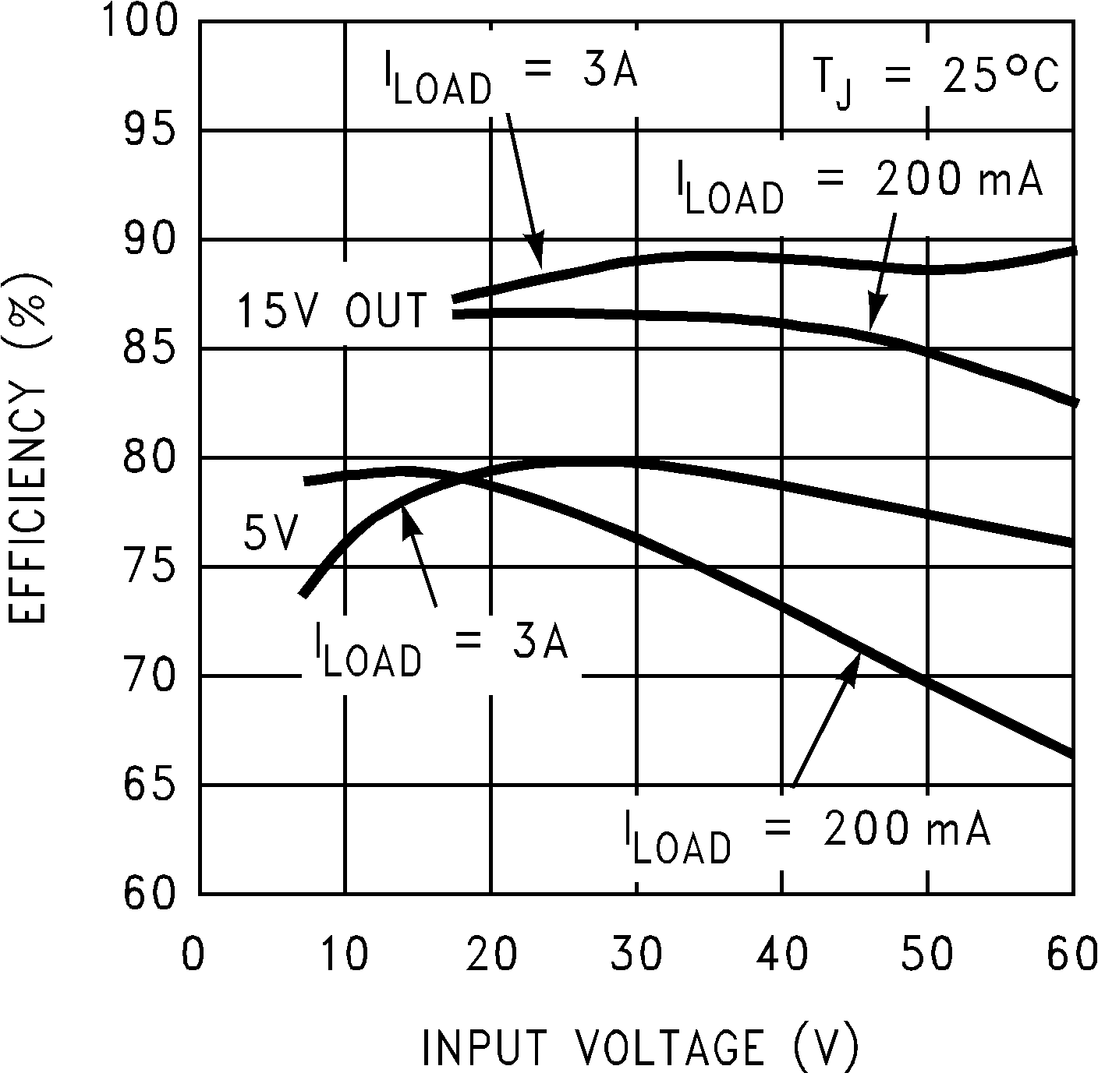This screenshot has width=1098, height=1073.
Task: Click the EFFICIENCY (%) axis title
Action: [29, 450]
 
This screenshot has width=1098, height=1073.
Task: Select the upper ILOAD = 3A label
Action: [511, 76]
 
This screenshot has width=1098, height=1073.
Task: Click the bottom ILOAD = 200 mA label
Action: [807, 835]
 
